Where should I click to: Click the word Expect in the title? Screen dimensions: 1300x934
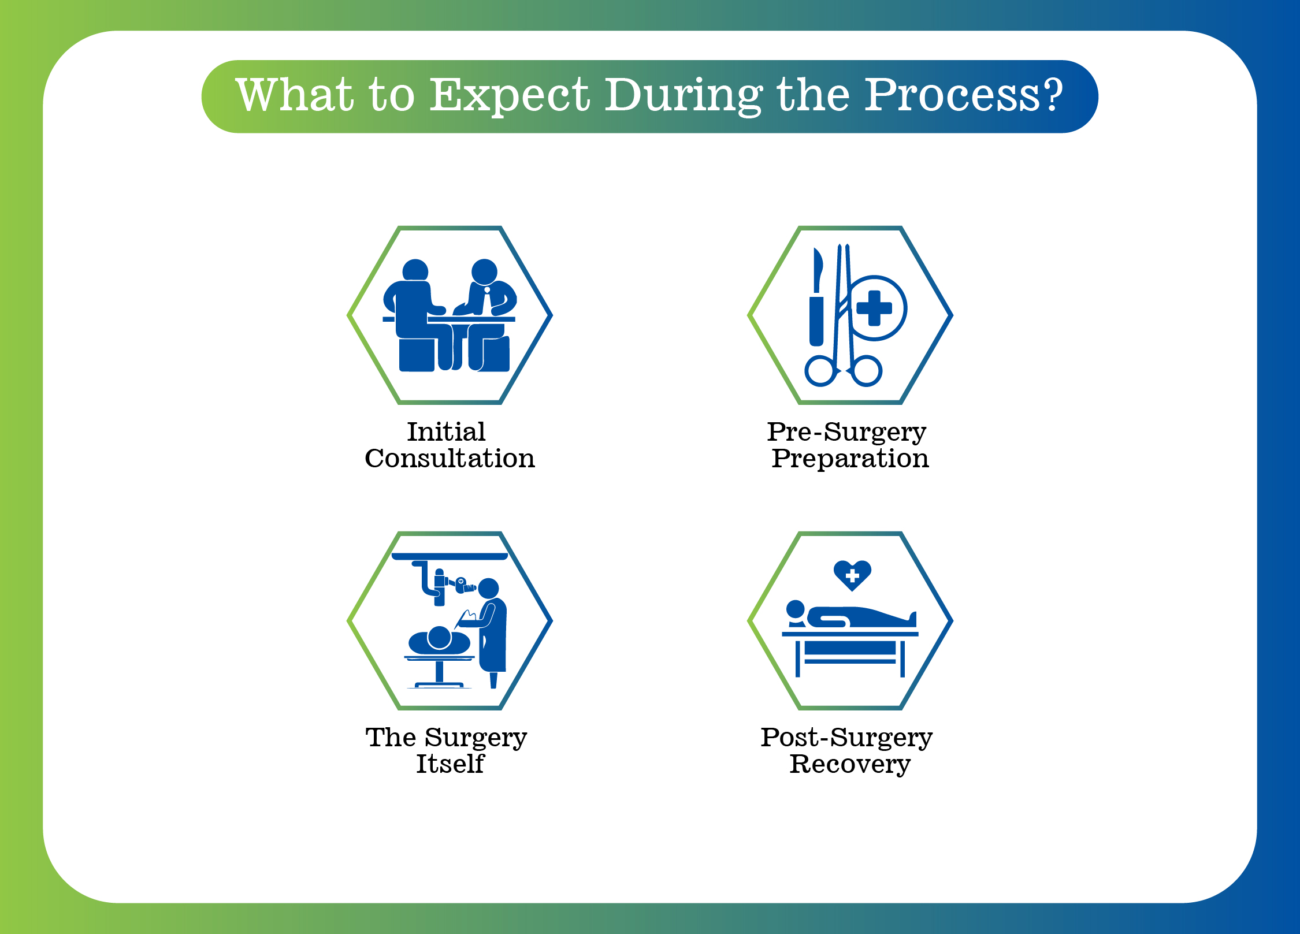click(510, 96)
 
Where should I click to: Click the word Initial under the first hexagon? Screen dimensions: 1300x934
click(446, 431)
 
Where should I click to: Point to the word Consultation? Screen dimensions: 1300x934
click(450, 458)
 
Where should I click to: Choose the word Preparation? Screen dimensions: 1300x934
click(850, 459)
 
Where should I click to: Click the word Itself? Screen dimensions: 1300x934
click(450, 764)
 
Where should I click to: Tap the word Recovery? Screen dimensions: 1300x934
click(850, 765)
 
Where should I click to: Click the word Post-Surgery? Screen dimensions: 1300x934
click(846, 738)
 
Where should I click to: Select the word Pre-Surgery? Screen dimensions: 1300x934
click(846, 433)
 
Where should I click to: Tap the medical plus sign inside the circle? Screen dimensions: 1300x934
click(874, 308)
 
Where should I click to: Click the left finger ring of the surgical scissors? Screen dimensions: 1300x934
click(820, 371)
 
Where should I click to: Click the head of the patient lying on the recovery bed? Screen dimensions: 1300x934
click(796, 609)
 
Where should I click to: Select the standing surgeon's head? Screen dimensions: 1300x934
click(488, 589)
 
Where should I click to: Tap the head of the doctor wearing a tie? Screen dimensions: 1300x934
click(484, 272)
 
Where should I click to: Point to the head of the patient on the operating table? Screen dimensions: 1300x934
click(439, 638)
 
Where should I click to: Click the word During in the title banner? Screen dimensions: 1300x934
click(684, 96)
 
